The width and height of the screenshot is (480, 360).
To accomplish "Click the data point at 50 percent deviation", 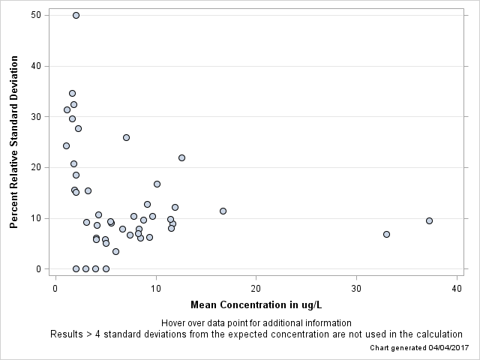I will [x=76, y=15].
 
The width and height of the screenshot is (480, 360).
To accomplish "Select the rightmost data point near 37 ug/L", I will [x=429, y=220].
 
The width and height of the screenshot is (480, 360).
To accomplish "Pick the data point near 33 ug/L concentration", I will [x=386, y=234].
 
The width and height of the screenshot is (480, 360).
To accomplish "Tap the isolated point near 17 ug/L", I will [x=223, y=211].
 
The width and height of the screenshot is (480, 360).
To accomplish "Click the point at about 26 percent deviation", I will [x=126, y=137].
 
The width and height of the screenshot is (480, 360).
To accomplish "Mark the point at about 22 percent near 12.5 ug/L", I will [x=181, y=157].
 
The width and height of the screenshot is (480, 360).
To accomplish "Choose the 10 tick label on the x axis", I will [x=156, y=289].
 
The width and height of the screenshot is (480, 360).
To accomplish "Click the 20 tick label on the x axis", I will [x=256, y=289].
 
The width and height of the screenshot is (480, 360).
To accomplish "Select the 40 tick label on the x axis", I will [x=457, y=289].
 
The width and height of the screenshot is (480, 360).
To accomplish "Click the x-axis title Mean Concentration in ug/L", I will [x=256, y=304].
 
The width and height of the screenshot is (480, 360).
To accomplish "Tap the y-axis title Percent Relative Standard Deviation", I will [x=13, y=142].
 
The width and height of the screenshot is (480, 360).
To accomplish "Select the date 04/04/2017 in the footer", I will [x=441, y=348].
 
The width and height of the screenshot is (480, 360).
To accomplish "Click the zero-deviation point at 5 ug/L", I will [x=106, y=268].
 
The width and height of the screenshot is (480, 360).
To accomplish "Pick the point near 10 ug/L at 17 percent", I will [x=157, y=184].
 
